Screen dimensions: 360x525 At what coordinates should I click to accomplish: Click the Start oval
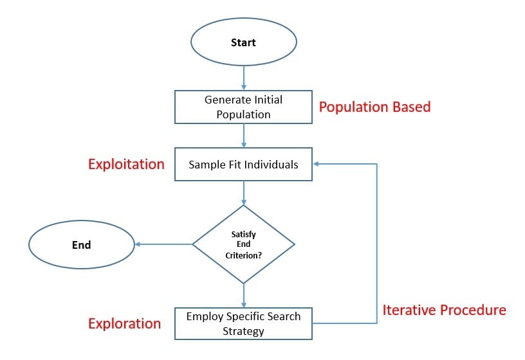243,42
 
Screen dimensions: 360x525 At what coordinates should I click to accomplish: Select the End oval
81,244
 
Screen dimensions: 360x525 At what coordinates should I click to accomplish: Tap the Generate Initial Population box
243,107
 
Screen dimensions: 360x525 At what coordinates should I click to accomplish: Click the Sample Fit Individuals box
243,165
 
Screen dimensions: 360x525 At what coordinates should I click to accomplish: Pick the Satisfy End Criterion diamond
243,244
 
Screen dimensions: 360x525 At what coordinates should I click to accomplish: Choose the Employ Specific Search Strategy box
243,323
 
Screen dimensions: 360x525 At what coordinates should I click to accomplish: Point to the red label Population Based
374,107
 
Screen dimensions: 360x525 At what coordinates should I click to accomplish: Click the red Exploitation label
126,164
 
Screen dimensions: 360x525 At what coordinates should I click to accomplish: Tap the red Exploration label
124,323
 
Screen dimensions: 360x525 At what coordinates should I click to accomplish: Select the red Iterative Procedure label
444,310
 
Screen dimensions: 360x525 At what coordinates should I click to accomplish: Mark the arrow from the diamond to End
163,244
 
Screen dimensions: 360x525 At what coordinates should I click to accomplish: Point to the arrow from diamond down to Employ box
244,295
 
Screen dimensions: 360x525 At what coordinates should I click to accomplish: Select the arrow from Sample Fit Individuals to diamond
244,192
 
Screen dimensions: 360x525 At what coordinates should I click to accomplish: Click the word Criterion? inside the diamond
244,255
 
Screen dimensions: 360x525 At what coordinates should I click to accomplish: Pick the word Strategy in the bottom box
243,331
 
